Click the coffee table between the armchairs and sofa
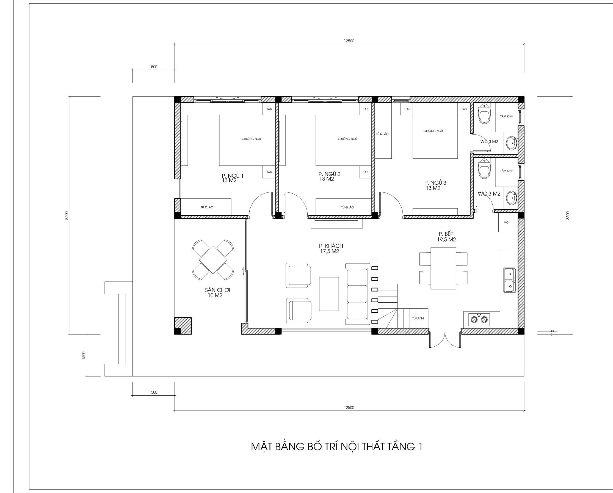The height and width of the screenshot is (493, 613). tap(329, 294)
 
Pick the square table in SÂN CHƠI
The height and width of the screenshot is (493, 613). tap(213, 260)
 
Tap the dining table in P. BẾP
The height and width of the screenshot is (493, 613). tap(443, 268)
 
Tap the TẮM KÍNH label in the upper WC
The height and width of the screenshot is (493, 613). tap(507, 116)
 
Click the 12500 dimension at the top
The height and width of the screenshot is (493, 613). tap(349, 41)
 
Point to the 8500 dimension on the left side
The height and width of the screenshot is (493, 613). tap(67, 215)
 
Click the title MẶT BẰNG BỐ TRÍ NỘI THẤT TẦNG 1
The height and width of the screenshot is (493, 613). tap(337, 447)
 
